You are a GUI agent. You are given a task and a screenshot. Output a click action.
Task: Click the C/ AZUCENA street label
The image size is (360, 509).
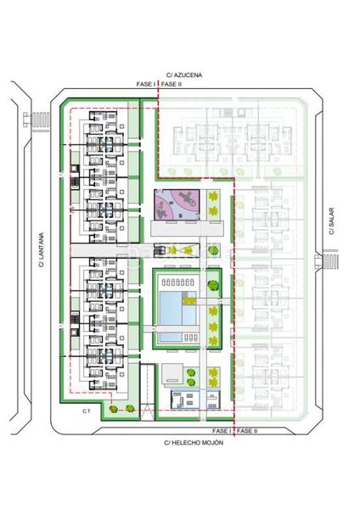coord(184,75)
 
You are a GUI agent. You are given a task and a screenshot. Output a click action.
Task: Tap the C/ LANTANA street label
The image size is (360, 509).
coord(42,249)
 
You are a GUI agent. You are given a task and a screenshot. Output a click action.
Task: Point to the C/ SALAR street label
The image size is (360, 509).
coord(331,221)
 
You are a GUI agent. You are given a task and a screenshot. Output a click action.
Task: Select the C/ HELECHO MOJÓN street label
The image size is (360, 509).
coord(194,443)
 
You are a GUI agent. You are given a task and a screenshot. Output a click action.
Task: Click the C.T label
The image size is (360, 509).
coord(86,411)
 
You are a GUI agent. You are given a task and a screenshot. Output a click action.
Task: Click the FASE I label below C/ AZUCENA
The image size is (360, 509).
coord(146,84)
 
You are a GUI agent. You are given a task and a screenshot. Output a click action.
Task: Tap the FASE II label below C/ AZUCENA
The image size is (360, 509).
coord(172,84)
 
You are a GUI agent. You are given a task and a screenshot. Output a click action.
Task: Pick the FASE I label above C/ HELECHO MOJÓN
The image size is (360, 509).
coord(222,431)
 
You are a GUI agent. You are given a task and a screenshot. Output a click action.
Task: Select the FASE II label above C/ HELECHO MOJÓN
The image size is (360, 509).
coord(247,431)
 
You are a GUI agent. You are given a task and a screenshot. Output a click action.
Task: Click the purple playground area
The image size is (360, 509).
coord(177,204)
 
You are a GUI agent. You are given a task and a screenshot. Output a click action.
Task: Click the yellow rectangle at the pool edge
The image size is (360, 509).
coord(189,301)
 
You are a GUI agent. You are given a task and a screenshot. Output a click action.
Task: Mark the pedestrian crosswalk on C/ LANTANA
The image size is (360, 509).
coord(40,120)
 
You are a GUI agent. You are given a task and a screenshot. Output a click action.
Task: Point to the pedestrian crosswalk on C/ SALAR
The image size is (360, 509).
coord(330,261)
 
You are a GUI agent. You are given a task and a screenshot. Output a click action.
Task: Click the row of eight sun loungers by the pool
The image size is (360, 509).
coord(177,282)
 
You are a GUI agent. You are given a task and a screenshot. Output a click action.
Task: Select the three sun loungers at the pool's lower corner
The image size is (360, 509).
coord(191,338)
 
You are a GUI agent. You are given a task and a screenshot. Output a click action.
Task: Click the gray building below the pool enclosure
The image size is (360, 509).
coord(172,374)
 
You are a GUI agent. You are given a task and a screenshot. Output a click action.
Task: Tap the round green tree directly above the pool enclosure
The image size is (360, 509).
coord(213,250)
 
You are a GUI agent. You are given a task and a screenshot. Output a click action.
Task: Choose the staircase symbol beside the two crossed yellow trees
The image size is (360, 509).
coord(160,250)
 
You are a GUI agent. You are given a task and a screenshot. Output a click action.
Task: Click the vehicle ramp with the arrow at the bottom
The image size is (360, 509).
coord(148,392)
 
